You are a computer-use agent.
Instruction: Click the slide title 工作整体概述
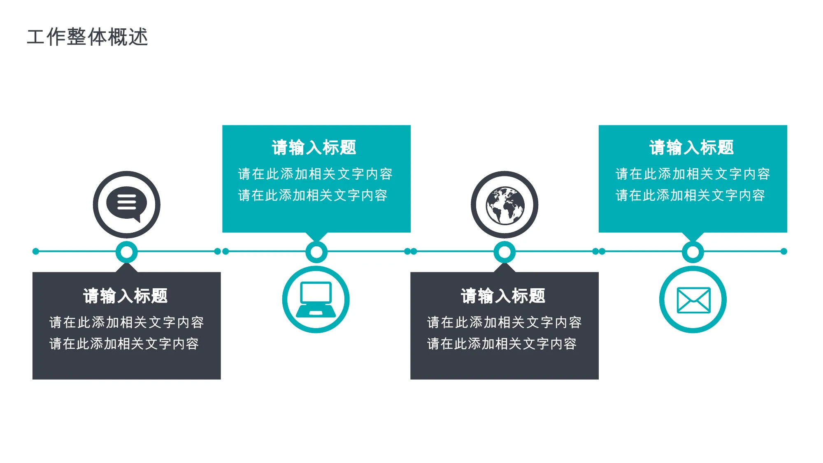[x=87, y=37]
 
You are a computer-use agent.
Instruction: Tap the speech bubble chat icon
[x=126, y=204]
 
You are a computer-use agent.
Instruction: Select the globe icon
[x=505, y=206]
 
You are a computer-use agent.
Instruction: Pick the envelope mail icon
[x=693, y=300]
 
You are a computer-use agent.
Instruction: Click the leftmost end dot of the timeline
[x=36, y=251]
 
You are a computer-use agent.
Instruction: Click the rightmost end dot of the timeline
[x=784, y=251]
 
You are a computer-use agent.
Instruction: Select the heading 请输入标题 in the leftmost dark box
[x=126, y=296]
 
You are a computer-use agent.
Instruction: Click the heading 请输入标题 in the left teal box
[x=314, y=148]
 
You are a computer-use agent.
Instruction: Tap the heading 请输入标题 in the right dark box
[x=503, y=296]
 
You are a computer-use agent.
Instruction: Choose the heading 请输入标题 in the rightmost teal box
[x=692, y=148]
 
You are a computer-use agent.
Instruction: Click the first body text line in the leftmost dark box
[x=127, y=322]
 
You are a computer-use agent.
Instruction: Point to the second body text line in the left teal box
[x=313, y=195]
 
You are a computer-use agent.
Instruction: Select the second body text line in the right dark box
[x=502, y=344]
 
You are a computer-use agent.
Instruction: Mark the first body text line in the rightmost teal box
[x=693, y=174]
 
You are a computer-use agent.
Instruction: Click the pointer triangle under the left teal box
[x=316, y=236]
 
